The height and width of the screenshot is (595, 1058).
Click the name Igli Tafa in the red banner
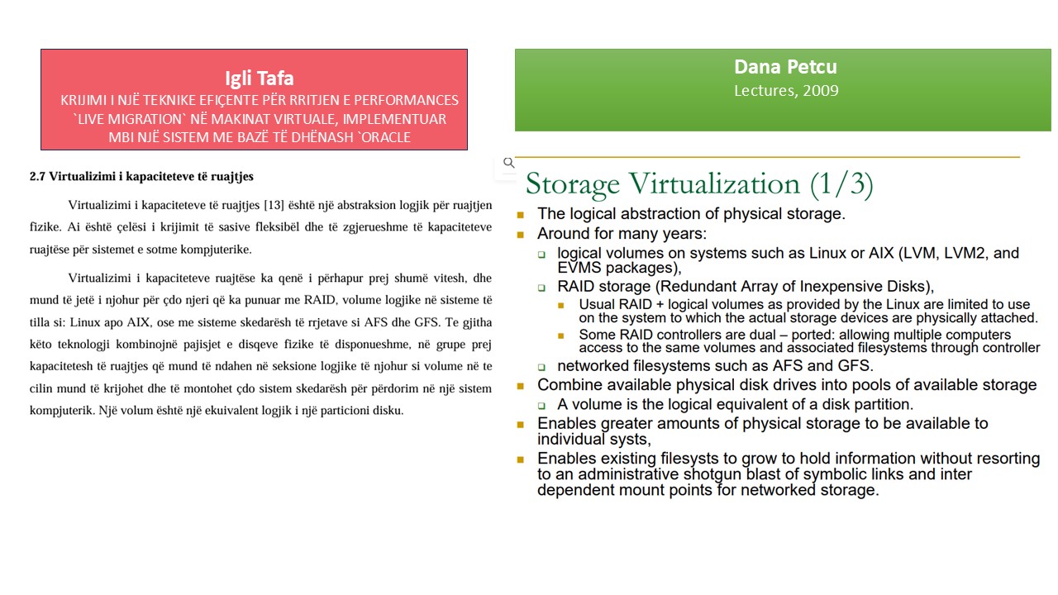(x=260, y=79)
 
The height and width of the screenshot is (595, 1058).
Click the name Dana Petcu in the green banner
(x=785, y=67)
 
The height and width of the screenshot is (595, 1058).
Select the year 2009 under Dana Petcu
(x=821, y=90)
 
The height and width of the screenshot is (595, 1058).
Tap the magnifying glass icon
(x=508, y=163)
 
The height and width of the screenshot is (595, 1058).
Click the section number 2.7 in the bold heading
(x=37, y=176)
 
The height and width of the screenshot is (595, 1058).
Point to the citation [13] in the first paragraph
(x=274, y=205)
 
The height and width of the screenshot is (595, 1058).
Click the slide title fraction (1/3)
(x=841, y=183)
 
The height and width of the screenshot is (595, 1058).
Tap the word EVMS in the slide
(x=579, y=268)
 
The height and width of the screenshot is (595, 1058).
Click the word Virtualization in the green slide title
(x=714, y=183)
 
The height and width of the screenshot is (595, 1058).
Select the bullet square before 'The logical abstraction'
(x=521, y=215)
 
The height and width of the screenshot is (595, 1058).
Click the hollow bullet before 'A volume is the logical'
(x=541, y=405)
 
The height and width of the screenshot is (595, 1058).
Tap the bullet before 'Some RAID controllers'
(x=561, y=336)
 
